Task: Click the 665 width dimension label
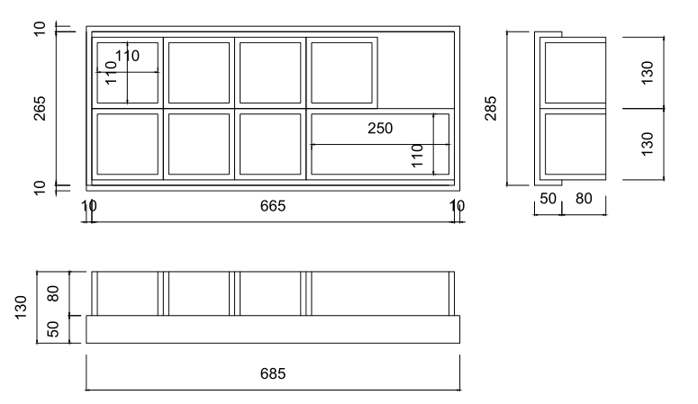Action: point(272,206)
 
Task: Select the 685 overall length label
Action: point(272,373)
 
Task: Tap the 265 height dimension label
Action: point(40,108)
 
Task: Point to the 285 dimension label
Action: point(491,108)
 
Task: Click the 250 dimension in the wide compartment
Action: point(380,128)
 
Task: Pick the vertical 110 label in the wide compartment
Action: point(417,156)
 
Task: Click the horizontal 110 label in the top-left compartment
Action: point(127,56)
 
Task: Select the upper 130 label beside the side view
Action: point(647,73)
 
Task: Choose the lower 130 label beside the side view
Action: point(647,144)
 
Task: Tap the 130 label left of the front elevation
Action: point(21,307)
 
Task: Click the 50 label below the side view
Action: point(548,199)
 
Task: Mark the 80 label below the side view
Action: point(584,199)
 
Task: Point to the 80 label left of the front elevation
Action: point(53,293)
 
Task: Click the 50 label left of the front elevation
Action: point(53,329)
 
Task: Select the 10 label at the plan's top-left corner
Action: point(40,29)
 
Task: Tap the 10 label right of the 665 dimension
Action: point(458,206)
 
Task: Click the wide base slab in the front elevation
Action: point(273,329)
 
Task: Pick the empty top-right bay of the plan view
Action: point(416,70)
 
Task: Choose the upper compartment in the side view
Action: point(576,73)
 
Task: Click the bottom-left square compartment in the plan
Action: point(127,144)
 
